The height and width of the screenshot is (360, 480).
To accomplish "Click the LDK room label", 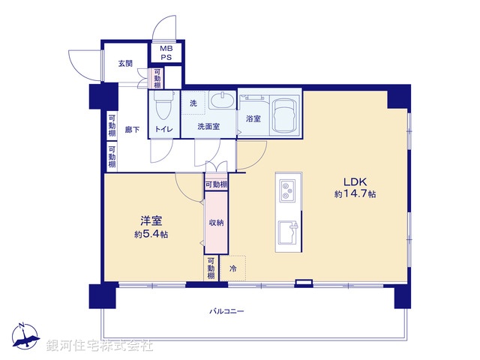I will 355,181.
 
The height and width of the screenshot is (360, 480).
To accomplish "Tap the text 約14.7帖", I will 355,194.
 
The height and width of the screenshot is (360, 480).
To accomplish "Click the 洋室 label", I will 151,221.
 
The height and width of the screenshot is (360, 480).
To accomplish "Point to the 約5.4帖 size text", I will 151,234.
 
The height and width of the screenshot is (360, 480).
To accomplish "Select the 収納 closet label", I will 216,222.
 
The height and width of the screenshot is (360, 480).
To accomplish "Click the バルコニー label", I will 226,310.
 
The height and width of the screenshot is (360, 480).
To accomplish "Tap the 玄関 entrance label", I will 125,64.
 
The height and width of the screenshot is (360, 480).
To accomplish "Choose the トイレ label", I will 163,129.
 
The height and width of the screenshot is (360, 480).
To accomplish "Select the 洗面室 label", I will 208,127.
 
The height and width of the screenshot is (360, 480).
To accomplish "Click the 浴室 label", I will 253,118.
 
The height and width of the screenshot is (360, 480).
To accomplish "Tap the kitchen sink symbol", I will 287,232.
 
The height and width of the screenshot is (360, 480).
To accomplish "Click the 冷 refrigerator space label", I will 233,268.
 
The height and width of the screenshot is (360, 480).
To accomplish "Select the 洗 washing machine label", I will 193,103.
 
